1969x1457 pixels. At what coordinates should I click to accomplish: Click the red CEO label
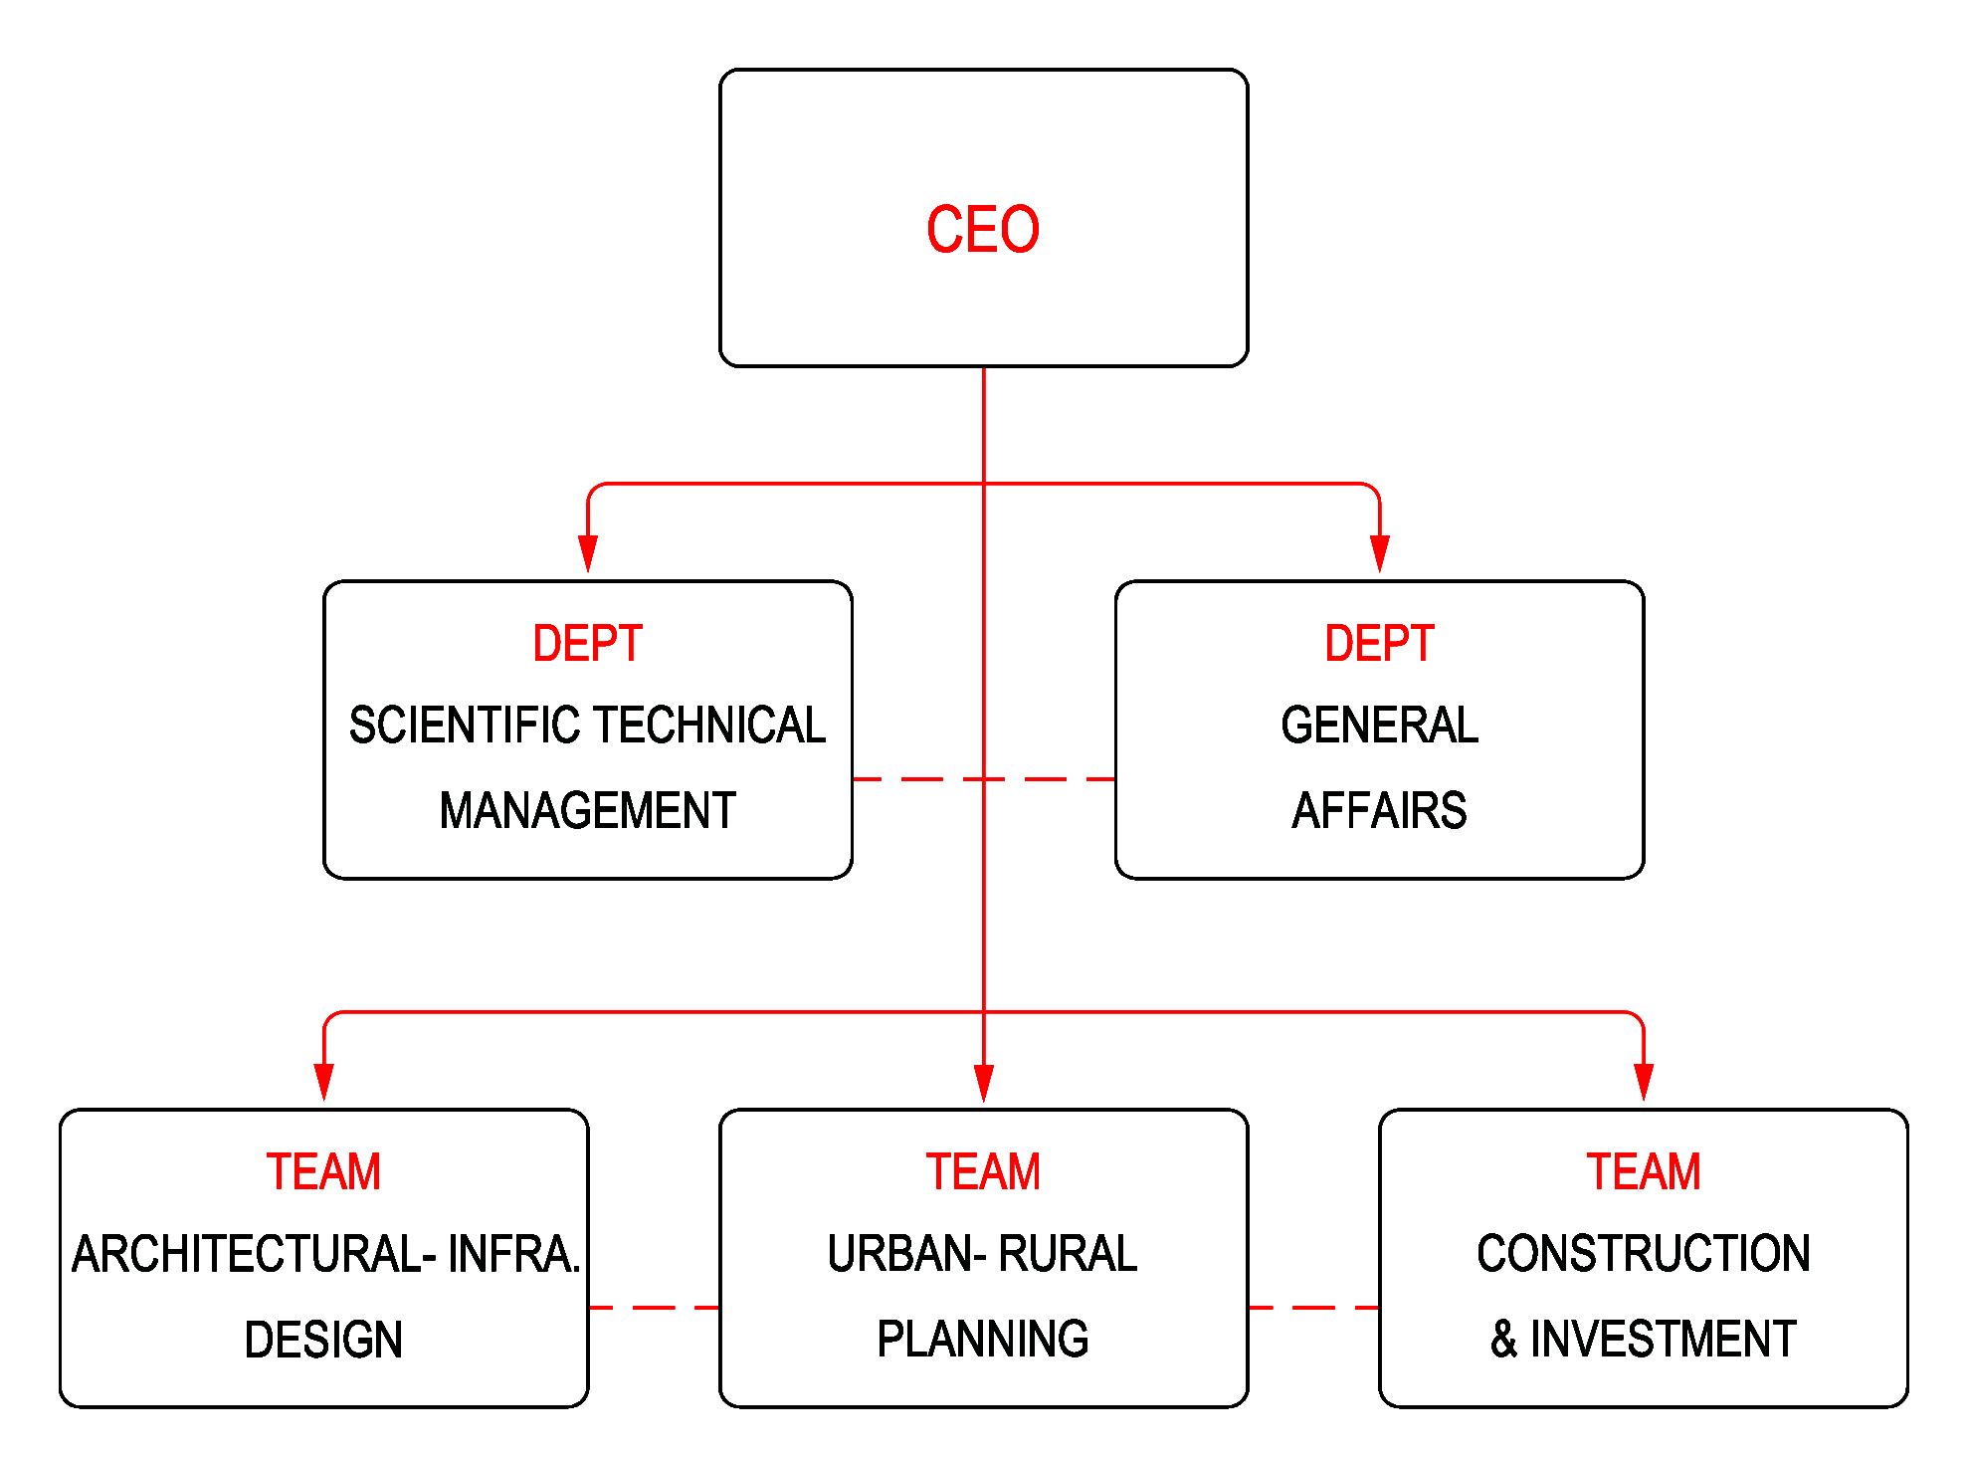(x=983, y=230)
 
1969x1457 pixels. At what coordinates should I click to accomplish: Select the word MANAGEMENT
(x=587, y=810)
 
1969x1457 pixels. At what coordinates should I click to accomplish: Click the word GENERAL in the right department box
(x=1379, y=725)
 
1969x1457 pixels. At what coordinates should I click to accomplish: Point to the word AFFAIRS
(x=1379, y=810)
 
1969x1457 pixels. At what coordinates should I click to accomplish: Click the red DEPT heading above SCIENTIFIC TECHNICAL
(x=587, y=643)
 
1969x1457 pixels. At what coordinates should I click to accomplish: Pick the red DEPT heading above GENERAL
(x=1379, y=643)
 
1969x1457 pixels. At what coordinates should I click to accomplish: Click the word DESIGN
(x=323, y=1340)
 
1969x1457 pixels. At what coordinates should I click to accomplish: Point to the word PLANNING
(x=983, y=1340)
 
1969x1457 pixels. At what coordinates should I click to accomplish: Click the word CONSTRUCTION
(x=1643, y=1254)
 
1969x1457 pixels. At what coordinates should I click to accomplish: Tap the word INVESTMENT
(x=1663, y=1340)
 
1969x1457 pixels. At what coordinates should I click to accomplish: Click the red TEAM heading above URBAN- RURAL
(x=983, y=1171)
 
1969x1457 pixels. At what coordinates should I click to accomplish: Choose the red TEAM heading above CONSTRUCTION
(x=1643, y=1171)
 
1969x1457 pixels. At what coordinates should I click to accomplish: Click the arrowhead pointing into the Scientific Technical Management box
(x=588, y=553)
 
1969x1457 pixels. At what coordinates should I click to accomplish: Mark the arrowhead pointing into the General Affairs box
(x=1379, y=553)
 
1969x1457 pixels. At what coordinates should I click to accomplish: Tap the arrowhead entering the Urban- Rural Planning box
(x=984, y=1082)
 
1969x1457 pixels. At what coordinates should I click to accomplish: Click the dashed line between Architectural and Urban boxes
(x=654, y=1308)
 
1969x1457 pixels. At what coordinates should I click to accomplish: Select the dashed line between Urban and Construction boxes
(x=1313, y=1308)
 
